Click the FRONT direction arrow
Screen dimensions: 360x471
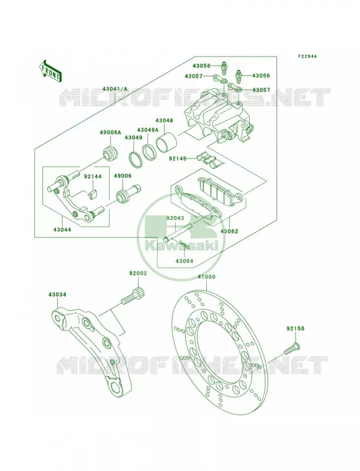tap(50, 71)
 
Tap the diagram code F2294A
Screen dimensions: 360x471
tap(307, 56)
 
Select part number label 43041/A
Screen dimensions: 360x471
tap(115, 89)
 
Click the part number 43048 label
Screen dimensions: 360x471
tap(164, 121)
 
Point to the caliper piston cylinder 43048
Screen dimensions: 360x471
tap(166, 143)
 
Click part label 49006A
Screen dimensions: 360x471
tap(110, 132)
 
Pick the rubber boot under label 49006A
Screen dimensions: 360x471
tap(110, 153)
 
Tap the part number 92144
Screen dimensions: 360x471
tap(93, 177)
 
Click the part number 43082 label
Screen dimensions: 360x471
tap(229, 231)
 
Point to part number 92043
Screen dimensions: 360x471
tap(175, 218)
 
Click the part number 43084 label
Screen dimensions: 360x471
tap(184, 261)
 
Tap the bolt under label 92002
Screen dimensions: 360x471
tap(133, 296)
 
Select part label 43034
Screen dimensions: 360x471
tap(57, 295)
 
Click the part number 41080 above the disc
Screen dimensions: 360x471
tap(206, 277)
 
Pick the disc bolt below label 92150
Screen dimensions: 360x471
tap(292, 349)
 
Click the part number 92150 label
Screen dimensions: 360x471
tap(295, 329)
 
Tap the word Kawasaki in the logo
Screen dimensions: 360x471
tap(181, 246)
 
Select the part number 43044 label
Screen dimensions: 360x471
tap(62, 230)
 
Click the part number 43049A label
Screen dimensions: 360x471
tap(147, 130)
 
